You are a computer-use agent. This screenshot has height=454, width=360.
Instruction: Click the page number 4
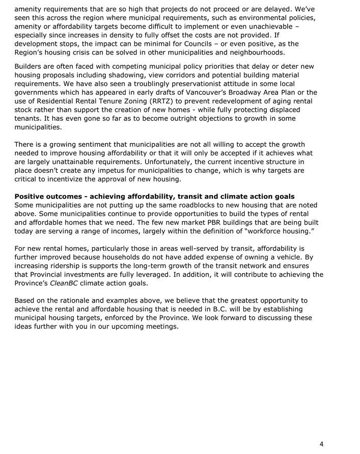click(321, 443)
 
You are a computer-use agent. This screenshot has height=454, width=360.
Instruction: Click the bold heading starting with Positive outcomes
click(154, 197)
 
